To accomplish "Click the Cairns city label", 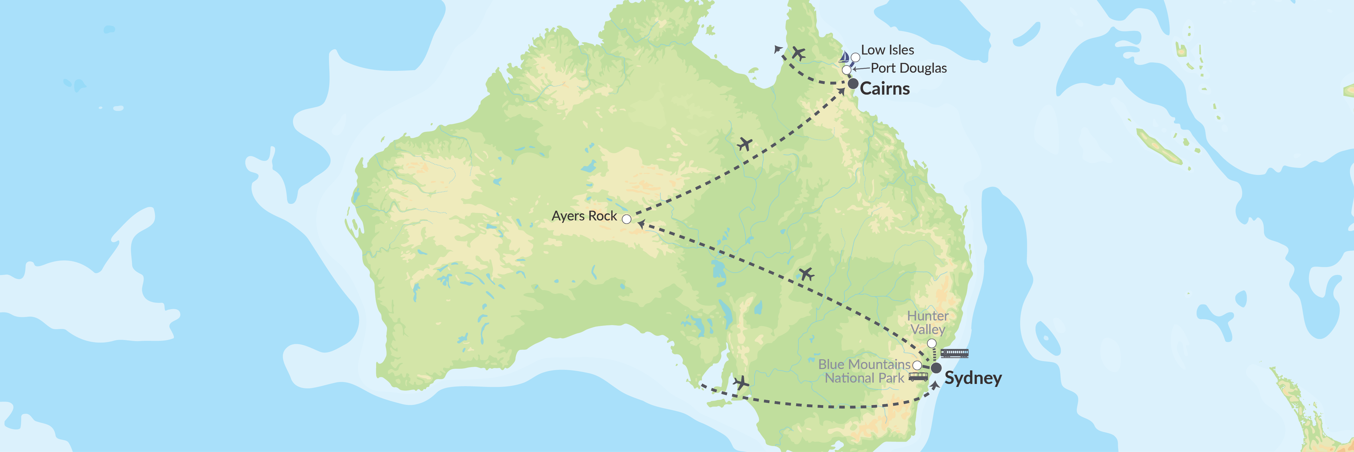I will click(885, 88).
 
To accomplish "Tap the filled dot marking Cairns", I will click(853, 84).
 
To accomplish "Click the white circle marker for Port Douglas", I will click(846, 69).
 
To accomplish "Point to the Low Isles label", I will click(887, 50).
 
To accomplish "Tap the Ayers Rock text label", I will click(584, 216).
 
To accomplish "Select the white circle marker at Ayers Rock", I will click(627, 219).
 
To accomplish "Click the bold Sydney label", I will click(973, 378).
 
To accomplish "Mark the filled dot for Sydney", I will click(936, 368).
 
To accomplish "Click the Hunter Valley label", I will click(928, 323).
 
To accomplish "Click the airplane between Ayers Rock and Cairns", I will click(744, 144).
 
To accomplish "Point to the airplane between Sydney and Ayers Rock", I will click(806, 274).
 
